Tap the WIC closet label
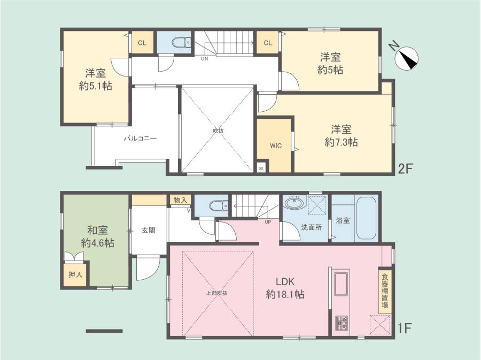(275, 146)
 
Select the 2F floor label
(406, 168)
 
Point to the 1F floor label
(404, 328)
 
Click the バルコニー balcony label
(140, 139)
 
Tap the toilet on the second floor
(182, 43)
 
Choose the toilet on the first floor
(219, 205)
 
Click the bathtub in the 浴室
(366, 219)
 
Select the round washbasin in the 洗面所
(294, 203)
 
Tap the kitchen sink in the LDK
(341, 284)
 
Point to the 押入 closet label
(75, 274)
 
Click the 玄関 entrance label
(149, 230)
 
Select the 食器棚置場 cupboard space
(385, 291)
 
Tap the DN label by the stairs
(204, 59)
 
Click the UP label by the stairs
(268, 221)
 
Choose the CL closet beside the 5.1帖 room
(142, 42)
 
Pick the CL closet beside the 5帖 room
(268, 42)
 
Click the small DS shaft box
(260, 168)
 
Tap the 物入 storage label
(180, 201)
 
